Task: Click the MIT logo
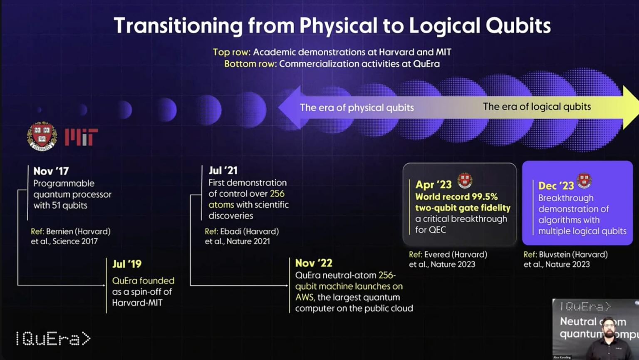pyautogui.click(x=81, y=137)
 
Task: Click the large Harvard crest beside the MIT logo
pyautogui.click(x=42, y=136)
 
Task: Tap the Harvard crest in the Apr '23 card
pyautogui.click(x=465, y=181)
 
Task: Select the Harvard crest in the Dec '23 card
pyautogui.click(x=584, y=181)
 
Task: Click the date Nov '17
pyautogui.click(x=51, y=171)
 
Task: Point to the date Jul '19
pyautogui.click(x=127, y=264)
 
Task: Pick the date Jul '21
pyautogui.click(x=223, y=171)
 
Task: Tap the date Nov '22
pyautogui.click(x=314, y=263)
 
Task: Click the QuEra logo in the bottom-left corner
pyautogui.click(x=53, y=339)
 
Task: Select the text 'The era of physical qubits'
pyautogui.click(x=357, y=108)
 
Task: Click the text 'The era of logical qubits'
pyautogui.click(x=537, y=107)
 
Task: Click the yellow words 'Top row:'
pyautogui.click(x=232, y=52)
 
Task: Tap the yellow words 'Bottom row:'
pyautogui.click(x=250, y=64)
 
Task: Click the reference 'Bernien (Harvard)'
pyautogui.click(x=78, y=231)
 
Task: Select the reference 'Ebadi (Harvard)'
pyautogui.click(x=249, y=231)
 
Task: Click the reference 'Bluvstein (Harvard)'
pyautogui.click(x=573, y=254)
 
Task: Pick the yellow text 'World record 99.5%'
pyautogui.click(x=456, y=197)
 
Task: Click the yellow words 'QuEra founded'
pyautogui.click(x=143, y=281)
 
